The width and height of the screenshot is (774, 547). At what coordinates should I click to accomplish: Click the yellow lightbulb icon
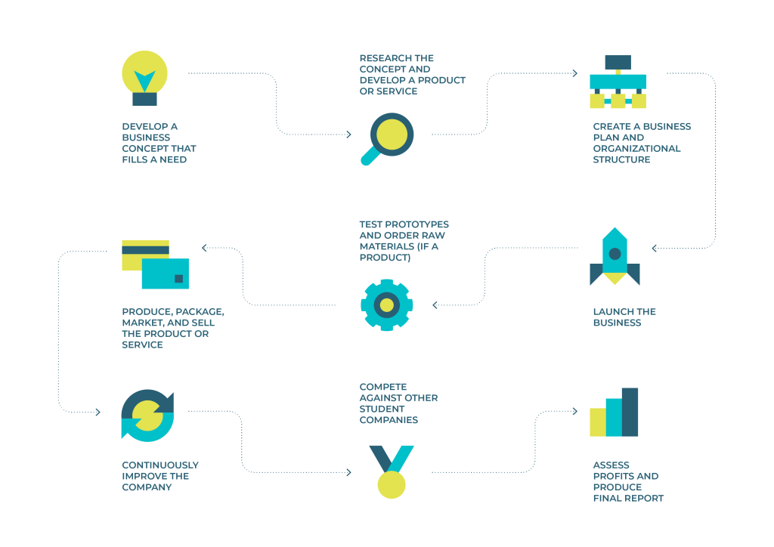(x=144, y=78)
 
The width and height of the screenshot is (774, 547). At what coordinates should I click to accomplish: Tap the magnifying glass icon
(x=388, y=138)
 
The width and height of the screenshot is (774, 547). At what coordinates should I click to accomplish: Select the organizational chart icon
(x=618, y=82)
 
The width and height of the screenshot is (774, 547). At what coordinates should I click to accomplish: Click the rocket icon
(x=615, y=256)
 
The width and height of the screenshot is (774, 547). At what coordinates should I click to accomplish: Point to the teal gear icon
(x=387, y=304)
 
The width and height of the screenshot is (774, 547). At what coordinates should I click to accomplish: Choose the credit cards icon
(x=156, y=264)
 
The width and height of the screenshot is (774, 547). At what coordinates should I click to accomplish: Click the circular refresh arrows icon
(x=147, y=416)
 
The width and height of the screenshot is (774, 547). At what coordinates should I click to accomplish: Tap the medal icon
(x=392, y=471)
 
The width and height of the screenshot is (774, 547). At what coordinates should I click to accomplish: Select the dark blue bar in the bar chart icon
(x=630, y=412)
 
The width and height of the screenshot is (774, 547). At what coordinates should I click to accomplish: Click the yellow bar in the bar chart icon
(x=598, y=422)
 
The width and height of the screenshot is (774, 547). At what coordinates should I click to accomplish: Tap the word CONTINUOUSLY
(x=160, y=465)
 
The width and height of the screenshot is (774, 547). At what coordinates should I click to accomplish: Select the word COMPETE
(x=383, y=387)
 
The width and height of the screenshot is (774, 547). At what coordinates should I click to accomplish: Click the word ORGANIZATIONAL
(x=636, y=149)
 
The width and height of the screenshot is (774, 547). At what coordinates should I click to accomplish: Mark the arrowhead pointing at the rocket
(x=654, y=248)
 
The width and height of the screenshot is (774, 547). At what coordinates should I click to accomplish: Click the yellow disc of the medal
(x=392, y=484)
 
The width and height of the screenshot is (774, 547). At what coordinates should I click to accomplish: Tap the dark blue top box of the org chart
(x=618, y=62)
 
